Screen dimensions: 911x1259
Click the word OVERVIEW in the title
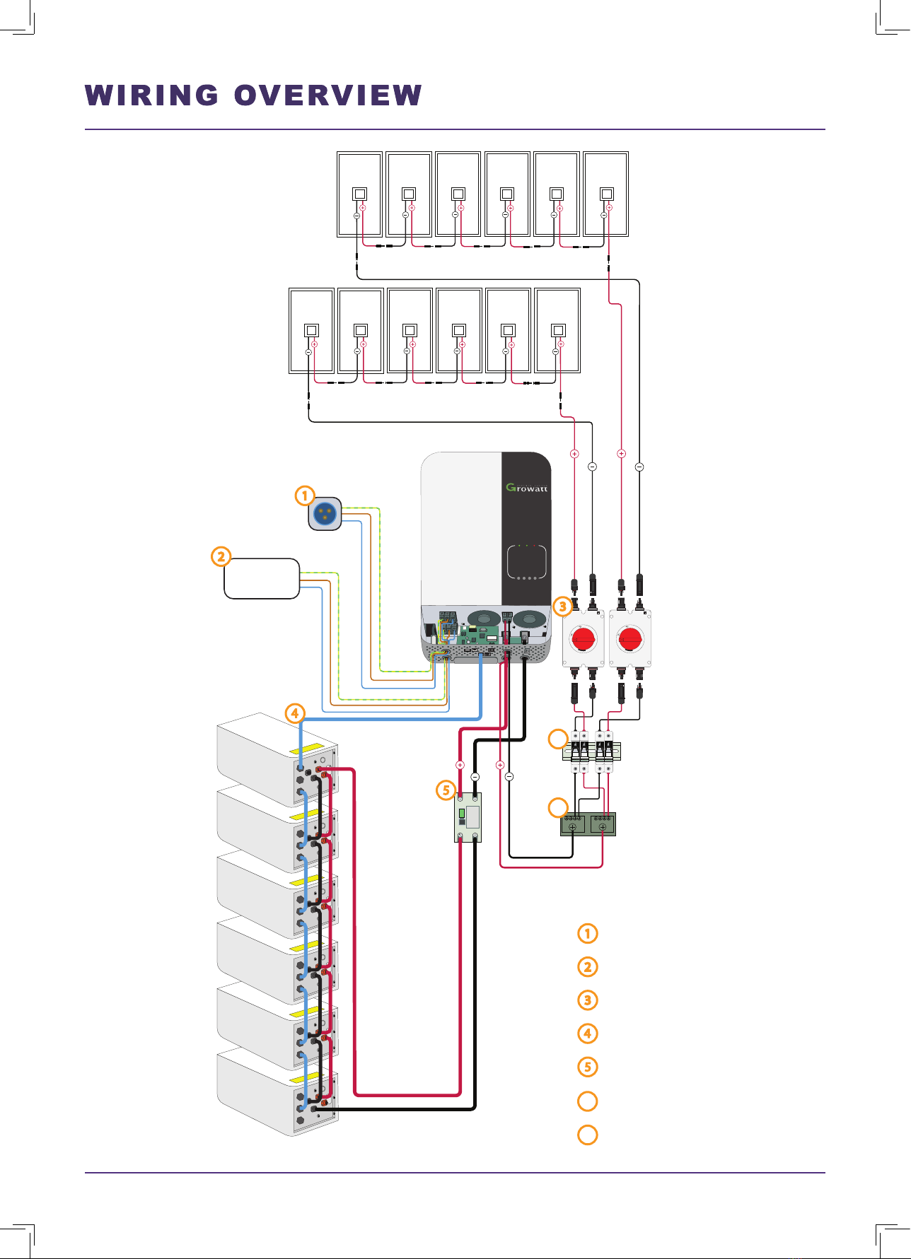click(328, 95)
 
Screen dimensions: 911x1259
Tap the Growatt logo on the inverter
click(527, 487)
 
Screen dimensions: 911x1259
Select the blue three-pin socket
click(325, 514)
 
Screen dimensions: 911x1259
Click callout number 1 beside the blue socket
click(305, 496)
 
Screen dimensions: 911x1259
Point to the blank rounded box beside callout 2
click(262, 579)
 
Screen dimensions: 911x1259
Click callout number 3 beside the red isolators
click(562, 607)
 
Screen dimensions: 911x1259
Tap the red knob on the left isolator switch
click(584, 639)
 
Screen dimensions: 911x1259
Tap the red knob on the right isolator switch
click(629, 639)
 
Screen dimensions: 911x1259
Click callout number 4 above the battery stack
click(295, 713)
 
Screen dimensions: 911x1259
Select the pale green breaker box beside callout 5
click(468, 817)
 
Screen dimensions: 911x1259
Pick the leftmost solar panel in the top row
click(360, 194)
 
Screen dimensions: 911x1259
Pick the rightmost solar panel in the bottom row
click(558, 331)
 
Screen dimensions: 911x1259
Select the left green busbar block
click(573, 824)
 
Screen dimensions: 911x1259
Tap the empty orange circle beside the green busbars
click(559, 807)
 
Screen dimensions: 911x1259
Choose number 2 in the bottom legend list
click(588, 966)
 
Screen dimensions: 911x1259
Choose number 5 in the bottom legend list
click(588, 1067)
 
